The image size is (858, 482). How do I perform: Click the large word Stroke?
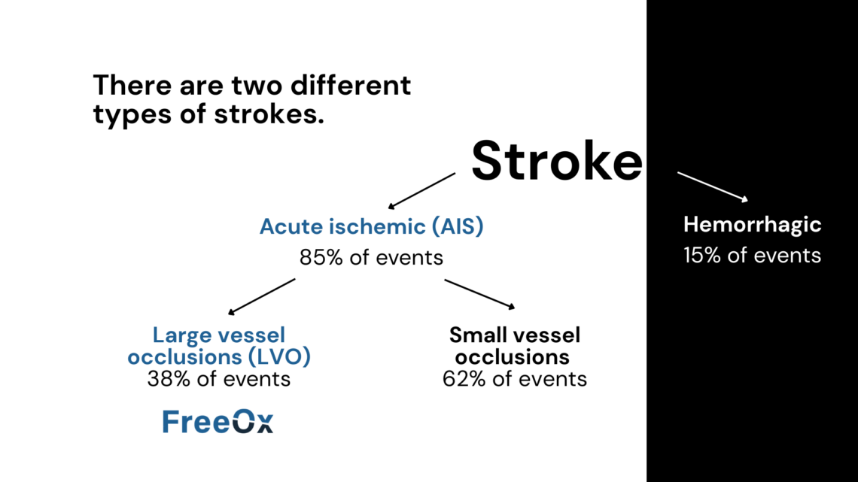tap(556, 161)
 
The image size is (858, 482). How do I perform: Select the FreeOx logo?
tap(218, 421)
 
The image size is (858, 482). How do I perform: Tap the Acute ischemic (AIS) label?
tap(372, 226)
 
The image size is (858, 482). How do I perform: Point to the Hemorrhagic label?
tap(753, 225)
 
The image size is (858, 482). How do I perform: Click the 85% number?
tap(321, 257)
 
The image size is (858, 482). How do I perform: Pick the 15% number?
tap(702, 255)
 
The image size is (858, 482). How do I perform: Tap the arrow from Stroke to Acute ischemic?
tap(421, 191)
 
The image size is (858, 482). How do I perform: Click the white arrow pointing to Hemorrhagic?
tap(713, 187)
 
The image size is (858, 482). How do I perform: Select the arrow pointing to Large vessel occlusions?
tap(262, 297)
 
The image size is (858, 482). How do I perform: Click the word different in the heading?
tap(351, 85)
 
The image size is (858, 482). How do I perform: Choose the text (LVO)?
tap(279, 357)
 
